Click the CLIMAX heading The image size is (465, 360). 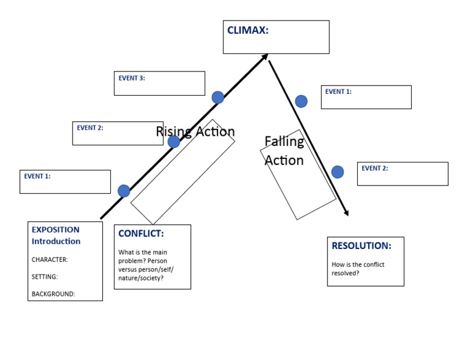248,30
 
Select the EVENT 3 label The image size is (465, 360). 131,78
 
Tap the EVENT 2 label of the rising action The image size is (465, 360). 90,128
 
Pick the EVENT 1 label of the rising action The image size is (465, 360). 37,176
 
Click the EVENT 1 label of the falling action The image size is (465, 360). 338,92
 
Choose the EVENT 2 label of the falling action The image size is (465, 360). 375,168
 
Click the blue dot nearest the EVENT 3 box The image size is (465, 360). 218,98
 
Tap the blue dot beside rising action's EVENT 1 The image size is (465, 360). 124,191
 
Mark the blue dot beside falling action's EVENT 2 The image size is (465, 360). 337,172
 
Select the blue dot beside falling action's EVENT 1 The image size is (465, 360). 301,101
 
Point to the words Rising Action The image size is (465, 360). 195,132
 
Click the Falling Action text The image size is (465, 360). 284,151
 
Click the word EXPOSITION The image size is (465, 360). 55,230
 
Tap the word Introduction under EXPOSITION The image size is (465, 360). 56,241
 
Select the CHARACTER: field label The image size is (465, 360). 50,259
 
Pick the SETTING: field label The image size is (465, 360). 45,277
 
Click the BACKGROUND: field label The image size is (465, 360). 53,295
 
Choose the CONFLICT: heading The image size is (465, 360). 140,233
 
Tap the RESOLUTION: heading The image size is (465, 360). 361,246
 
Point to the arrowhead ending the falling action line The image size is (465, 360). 346,213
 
